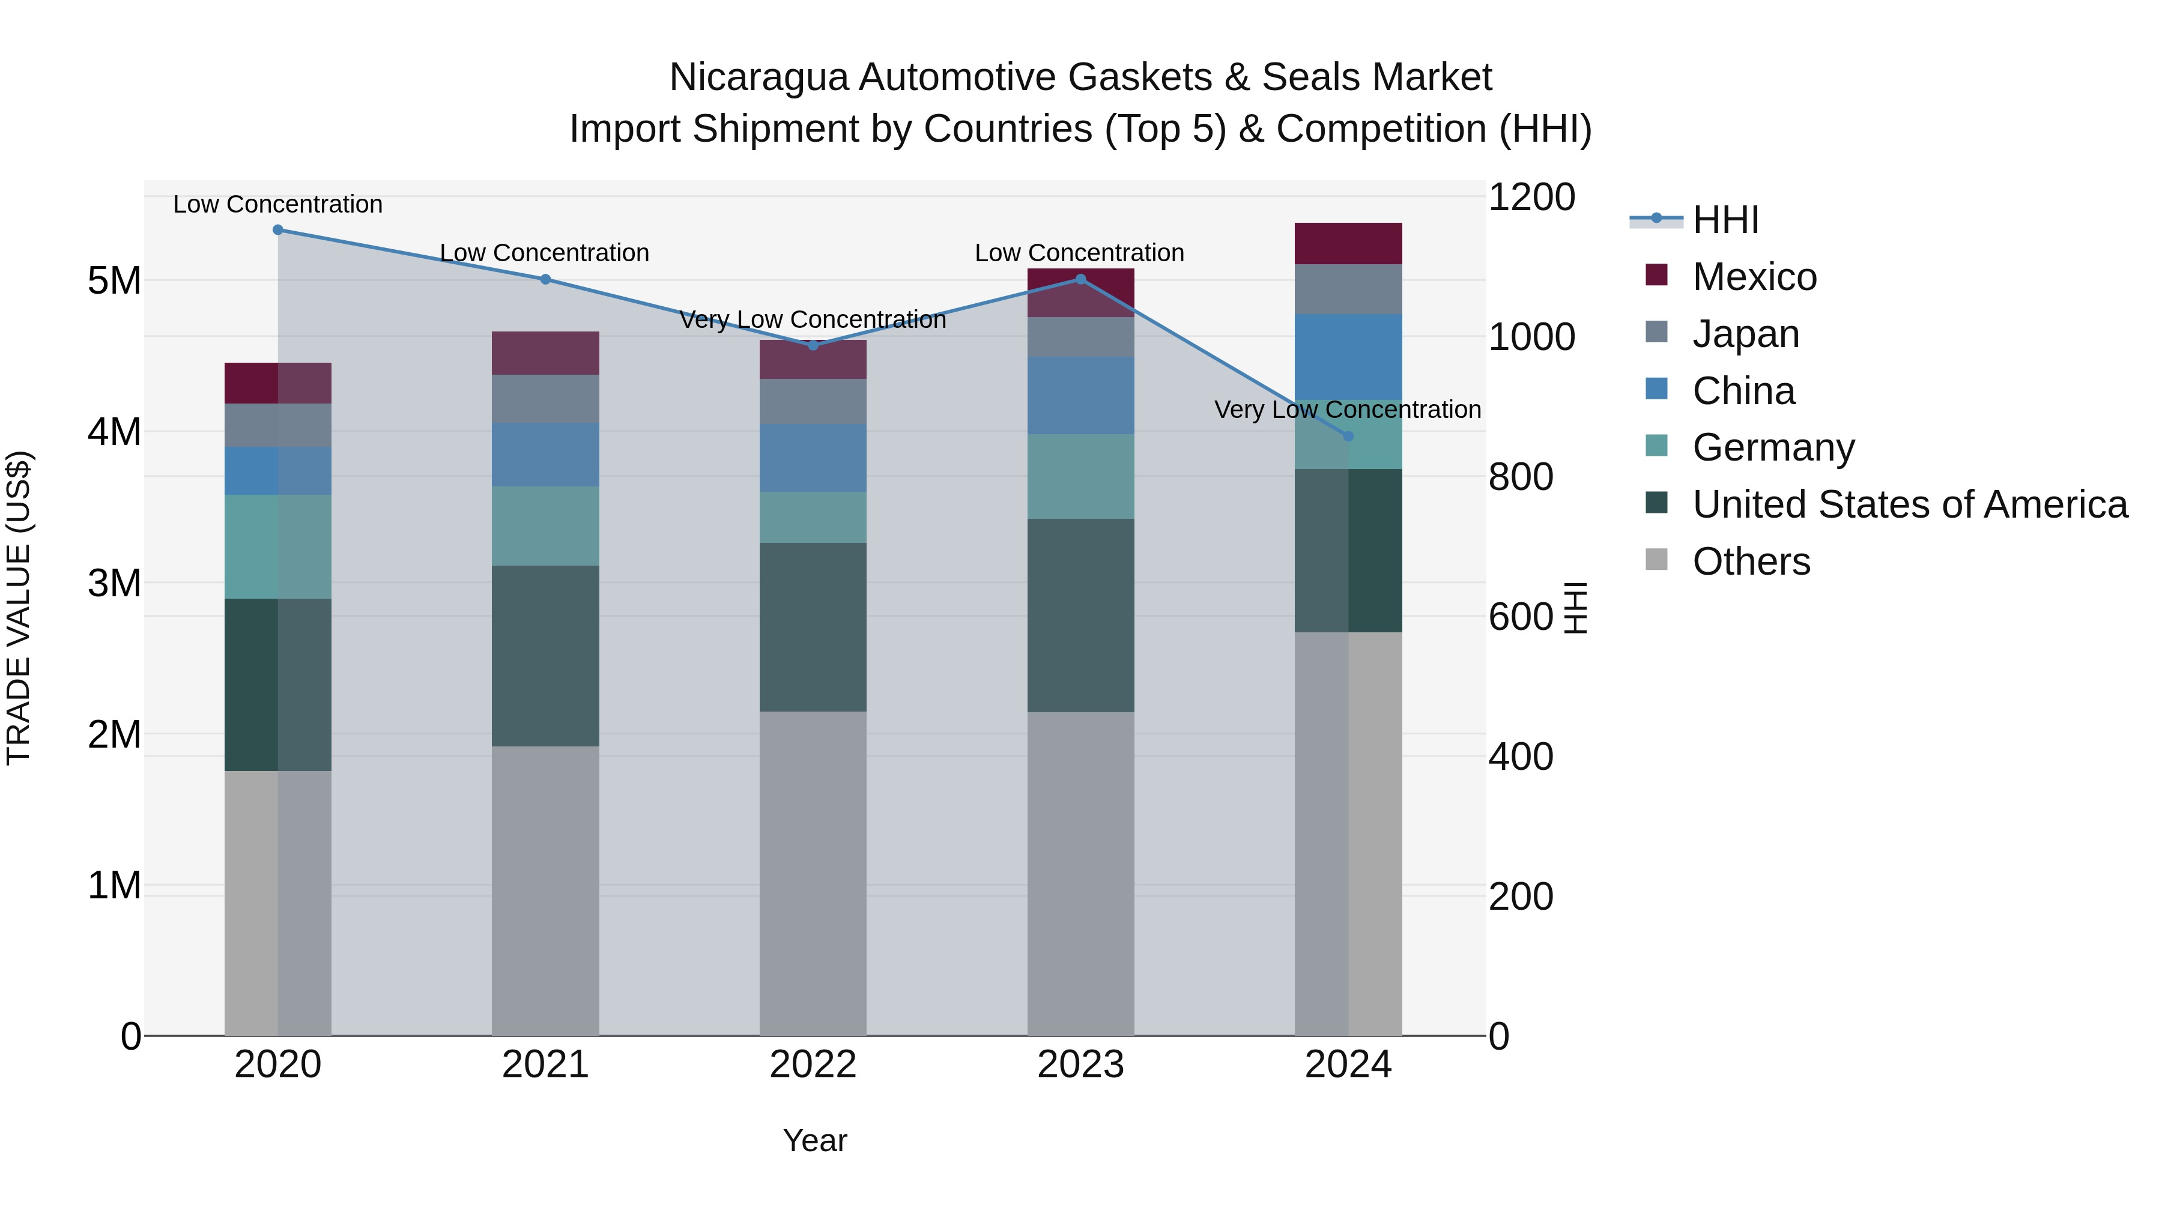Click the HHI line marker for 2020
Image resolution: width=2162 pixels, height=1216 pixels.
[x=278, y=230]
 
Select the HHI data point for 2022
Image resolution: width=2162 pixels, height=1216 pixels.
[x=813, y=345]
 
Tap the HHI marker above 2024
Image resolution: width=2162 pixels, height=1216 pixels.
[x=1348, y=437]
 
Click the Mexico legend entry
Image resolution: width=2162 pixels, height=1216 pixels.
[x=1754, y=277]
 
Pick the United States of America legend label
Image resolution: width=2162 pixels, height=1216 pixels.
[x=1909, y=504]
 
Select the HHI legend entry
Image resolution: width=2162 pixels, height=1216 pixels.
[x=1725, y=220]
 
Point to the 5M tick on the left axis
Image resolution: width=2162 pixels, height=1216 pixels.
[x=114, y=280]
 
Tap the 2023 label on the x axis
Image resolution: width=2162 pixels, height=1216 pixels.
[x=1080, y=1065]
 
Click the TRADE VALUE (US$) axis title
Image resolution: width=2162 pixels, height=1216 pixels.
[x=19, y=608]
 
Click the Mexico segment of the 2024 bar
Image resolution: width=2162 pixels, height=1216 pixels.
[x=1348, y=243]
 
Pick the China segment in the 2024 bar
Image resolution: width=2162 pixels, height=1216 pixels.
[x=1348, y=357]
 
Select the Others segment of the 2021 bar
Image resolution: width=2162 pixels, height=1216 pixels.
[x=545, y=889]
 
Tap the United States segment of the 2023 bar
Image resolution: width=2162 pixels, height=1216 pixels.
[x=1080, y=615]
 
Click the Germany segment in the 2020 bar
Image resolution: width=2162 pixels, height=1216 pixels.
[x=278, y=546]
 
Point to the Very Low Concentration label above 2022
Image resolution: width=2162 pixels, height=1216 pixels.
[x=813, y=319]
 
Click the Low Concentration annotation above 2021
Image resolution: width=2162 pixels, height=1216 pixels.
[x=544, y=253]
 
